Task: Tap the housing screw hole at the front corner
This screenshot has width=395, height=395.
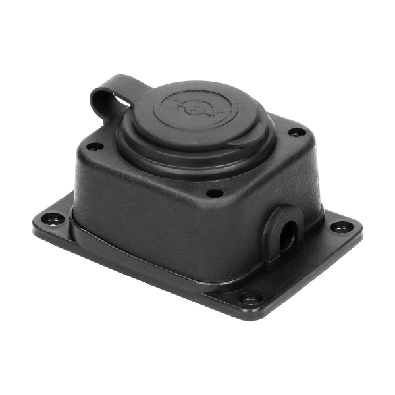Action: (213, 193)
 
